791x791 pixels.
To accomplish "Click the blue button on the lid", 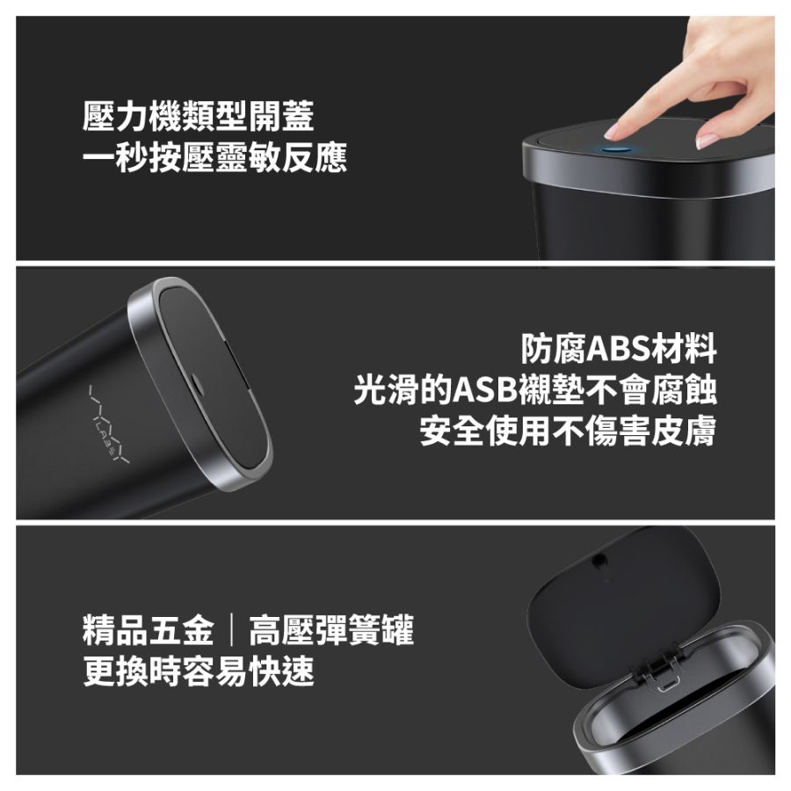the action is pos(619,149).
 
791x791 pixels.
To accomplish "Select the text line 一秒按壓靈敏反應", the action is pos(215,157).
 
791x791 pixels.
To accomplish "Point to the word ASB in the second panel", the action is pos(485,390).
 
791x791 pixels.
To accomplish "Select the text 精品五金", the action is pos(149,630).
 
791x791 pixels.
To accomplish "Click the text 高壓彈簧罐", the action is pos(331,630).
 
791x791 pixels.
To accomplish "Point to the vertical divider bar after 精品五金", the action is pos(231,630).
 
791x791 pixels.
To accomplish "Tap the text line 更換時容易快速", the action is pos(199,671).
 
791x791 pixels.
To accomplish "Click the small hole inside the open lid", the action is pos(599,560).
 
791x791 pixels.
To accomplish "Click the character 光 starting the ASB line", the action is pos(370,390).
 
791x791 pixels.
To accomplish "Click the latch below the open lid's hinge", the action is pos(669,686).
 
